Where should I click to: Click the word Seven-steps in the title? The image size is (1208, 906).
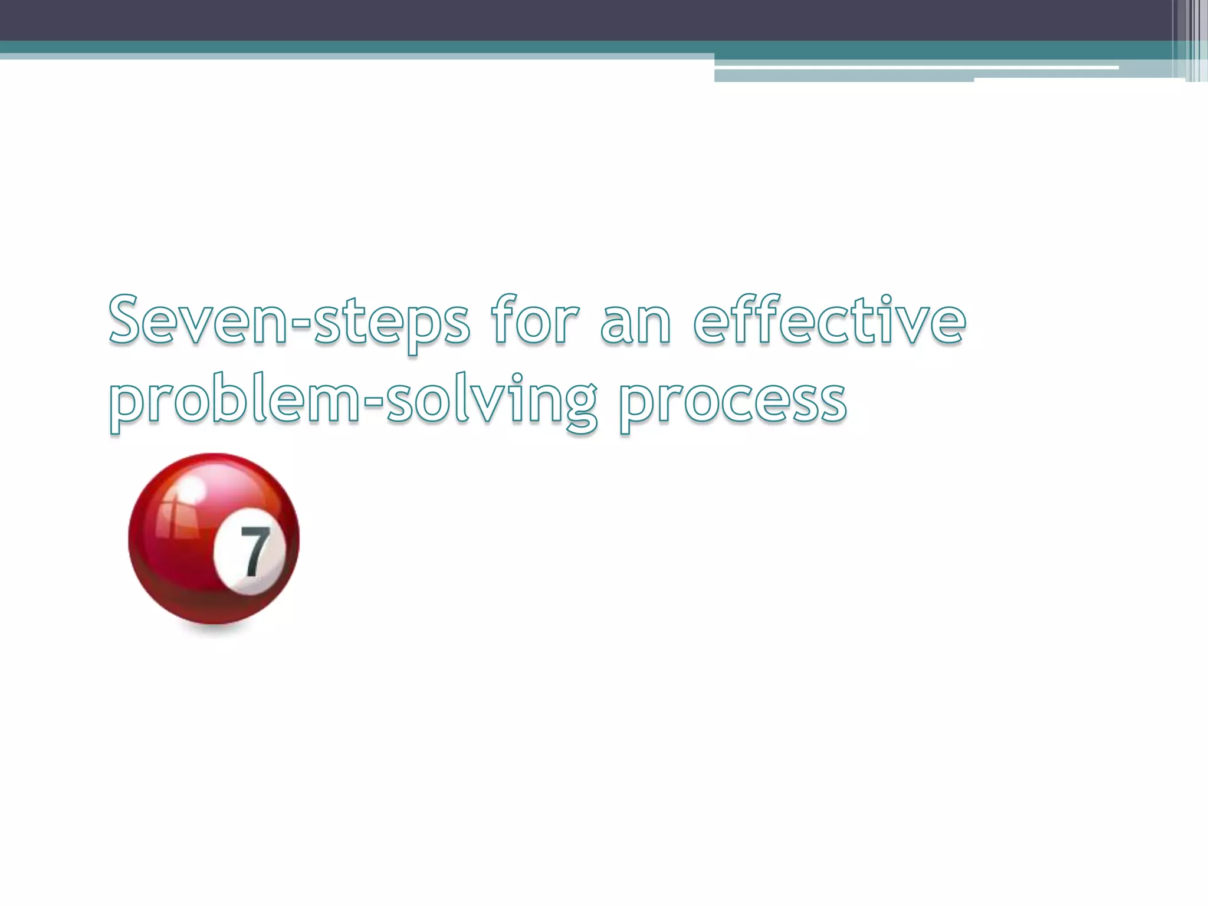point(289,322)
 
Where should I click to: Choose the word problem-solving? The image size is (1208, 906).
point(353,401)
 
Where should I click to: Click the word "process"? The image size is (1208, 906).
point(733,401)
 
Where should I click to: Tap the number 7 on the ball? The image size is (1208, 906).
point(255,552)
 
